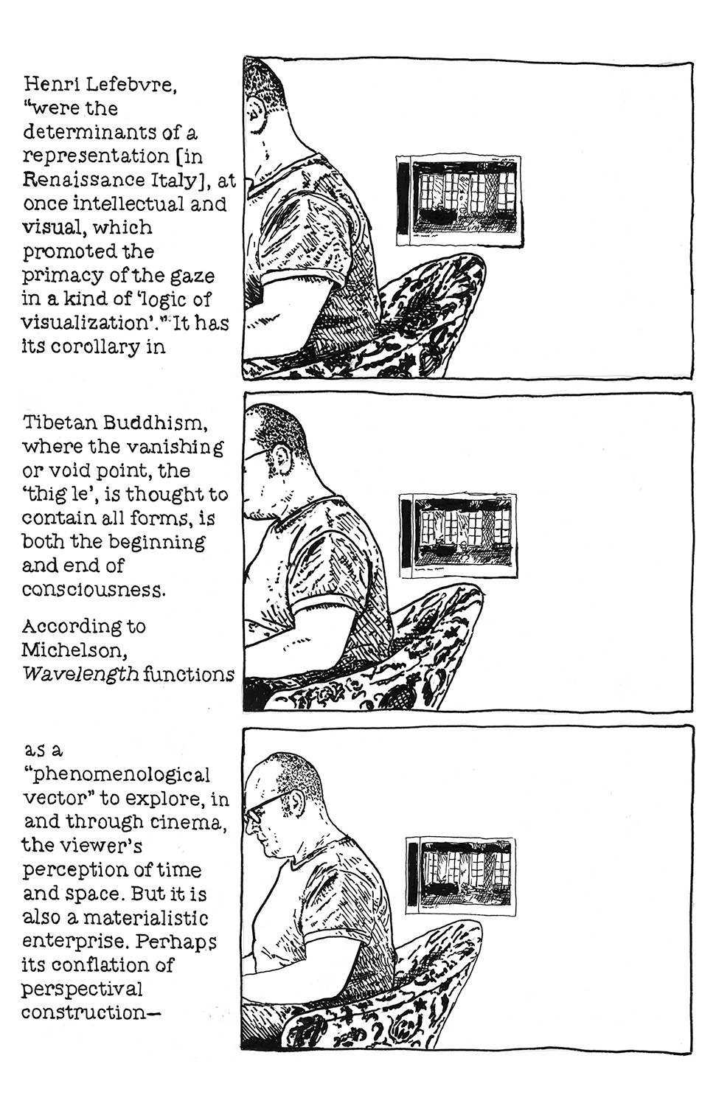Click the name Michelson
pos(74,650)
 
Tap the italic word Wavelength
pos(80,674)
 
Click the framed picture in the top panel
pos(459,200)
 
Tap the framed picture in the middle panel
pos(458,535)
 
